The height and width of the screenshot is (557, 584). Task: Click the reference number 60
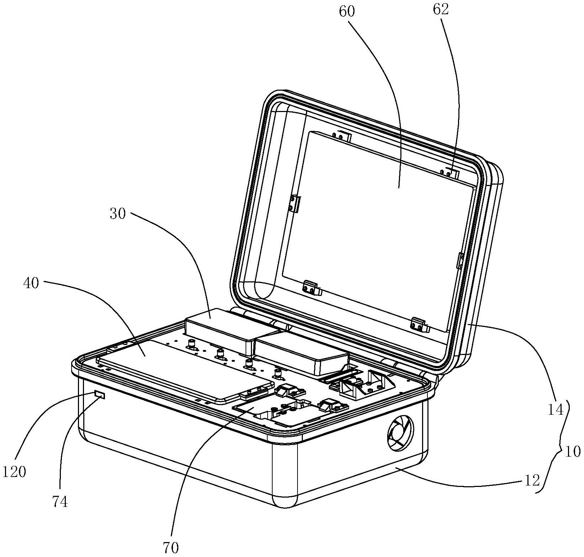347,12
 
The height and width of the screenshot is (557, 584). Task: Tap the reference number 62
441,10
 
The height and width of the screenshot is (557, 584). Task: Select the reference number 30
118,214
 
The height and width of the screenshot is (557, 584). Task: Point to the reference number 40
31,284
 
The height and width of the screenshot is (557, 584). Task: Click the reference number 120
14,472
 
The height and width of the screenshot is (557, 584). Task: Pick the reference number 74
60,502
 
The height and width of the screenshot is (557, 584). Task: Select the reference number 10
573,452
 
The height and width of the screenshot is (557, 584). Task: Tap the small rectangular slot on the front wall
100,394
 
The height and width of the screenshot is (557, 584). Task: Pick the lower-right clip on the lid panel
420,325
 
